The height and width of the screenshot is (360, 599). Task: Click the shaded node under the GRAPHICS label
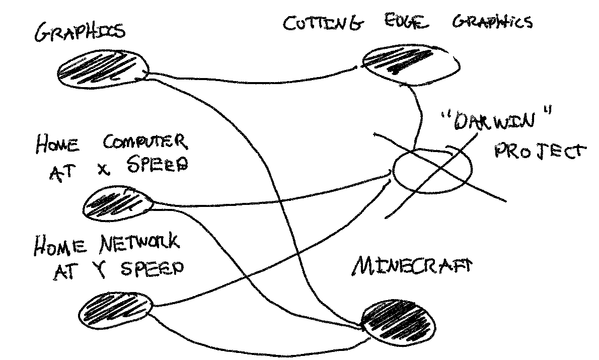(x=103, y=69)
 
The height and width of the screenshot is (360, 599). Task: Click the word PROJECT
(x=539, y=151)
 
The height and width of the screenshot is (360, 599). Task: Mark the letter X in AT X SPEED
(x=103, y=167)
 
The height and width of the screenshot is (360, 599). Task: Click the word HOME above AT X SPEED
(x=57, y=145)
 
